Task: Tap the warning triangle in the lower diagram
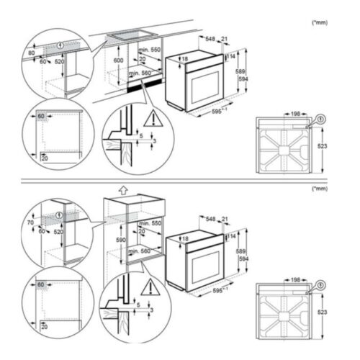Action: [149, 288]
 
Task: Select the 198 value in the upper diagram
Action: [297, 113]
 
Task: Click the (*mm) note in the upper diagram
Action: [319, 22]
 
